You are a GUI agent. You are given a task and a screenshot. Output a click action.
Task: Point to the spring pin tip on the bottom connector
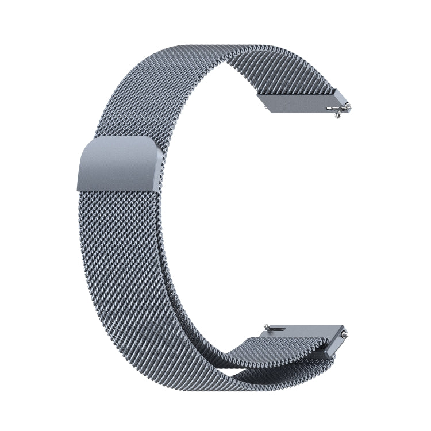[x=344, y=333]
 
